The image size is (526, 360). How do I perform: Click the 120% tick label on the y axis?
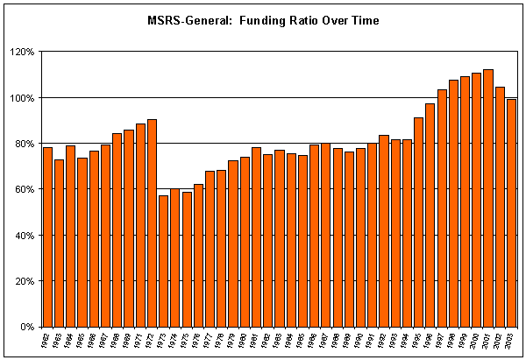pos(20,52)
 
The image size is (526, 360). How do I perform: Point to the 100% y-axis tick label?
pos(20,97)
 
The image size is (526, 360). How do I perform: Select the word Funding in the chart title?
pos(257,20)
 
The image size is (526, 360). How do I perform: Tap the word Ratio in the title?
pos(301,20)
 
